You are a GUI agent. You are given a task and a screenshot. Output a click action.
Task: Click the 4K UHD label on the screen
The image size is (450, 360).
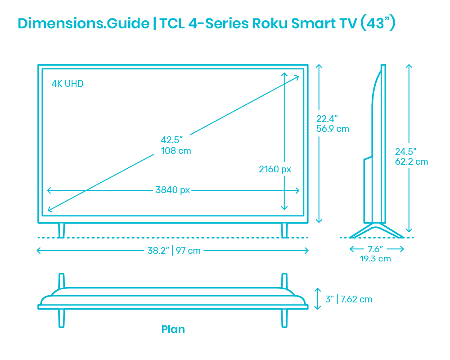tap(67, 84)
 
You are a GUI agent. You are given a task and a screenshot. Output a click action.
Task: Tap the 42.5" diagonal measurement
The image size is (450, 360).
tap(171, 140)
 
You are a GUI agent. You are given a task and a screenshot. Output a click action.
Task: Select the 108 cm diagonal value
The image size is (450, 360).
tap(176, 151)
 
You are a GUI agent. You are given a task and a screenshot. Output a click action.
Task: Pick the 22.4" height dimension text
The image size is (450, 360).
tap(327, 118)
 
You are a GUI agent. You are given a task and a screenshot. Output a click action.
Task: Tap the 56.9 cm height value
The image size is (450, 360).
tap(333, 129)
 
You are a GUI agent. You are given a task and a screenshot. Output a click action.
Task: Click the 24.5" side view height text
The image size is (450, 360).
tap(405, 151)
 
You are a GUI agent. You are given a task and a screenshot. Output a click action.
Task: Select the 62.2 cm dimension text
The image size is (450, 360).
tap(412, 162)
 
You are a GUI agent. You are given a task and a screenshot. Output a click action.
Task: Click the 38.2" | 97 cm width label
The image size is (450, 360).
tap(174, 251)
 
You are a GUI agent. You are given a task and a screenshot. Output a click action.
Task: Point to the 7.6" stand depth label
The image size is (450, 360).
tap(375, 249)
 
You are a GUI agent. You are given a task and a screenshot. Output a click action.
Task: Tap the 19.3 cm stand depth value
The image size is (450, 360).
tap(375, 259)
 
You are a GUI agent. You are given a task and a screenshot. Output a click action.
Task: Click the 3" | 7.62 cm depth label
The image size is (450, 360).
tap(349, 299)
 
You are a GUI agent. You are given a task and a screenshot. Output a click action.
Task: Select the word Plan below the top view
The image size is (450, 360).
tap(173, 329)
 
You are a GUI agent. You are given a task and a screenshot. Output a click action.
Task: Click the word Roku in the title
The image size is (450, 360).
tap(270, 23)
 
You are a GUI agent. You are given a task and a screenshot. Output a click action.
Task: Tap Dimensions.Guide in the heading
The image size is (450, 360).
tap(84, 23)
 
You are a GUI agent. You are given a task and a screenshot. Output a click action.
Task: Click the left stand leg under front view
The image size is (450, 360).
tap(61, 230)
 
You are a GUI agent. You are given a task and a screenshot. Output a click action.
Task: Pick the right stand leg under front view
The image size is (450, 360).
tap(284, 230)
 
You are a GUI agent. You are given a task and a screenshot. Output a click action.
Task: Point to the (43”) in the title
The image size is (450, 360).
tap(378, 23)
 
